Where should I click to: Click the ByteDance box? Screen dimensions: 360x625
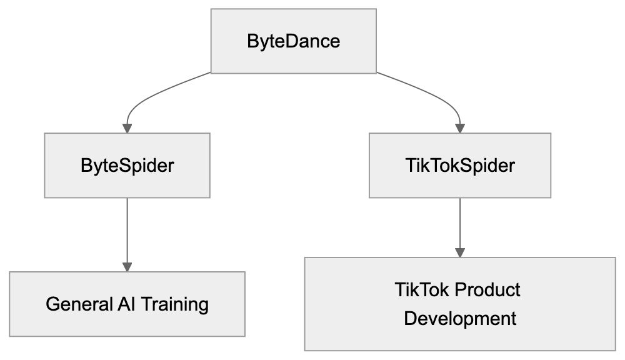point(294,41)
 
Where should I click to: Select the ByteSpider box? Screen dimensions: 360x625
point(127,166)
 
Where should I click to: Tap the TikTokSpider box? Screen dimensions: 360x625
point(460,166)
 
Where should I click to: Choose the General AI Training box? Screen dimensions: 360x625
point(127,304)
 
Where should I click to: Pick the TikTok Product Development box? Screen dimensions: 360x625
point(460,304)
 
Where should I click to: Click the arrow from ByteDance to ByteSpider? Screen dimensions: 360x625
point(150,94)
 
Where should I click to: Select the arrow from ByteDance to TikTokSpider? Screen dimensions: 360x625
point(437,94)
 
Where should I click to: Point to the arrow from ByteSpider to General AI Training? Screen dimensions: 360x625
point(127,231)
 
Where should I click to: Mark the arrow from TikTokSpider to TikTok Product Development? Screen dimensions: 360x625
point(460,225)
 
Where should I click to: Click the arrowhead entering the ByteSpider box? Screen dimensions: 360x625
point(127,128)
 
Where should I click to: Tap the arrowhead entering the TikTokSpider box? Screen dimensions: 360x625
point(460,128)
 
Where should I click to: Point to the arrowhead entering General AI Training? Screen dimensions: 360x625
point(127,267)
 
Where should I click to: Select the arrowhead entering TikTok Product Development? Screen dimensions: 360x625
point(460,252)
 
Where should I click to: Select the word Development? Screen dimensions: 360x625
point(460,318)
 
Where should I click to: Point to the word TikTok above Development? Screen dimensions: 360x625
point(422,291)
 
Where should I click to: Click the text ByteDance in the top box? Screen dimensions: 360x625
point(294,41)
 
